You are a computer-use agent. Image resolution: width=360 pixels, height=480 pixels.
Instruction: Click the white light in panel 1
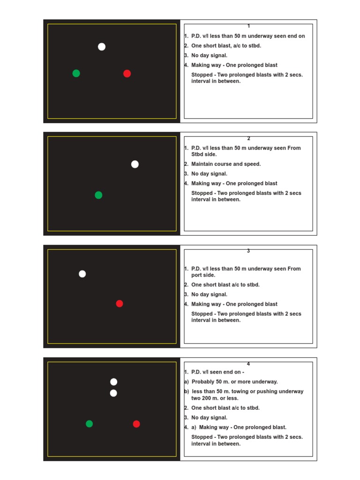tap(102, 46)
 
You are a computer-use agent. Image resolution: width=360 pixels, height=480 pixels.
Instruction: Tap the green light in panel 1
tap(76, 73)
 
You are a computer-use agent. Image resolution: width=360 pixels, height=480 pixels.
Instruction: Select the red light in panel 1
tap(127, 74)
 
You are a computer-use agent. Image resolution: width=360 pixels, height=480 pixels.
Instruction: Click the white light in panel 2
tap(135, 164)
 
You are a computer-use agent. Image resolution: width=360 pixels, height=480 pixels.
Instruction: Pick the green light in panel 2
tap(98, 195)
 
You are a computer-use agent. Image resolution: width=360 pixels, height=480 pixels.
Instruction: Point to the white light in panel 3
tap(82, 274)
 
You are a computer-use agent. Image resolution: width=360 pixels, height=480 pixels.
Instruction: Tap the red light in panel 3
tap(120, 303)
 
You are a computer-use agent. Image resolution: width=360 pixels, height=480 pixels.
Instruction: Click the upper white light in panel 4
tap(114, 382)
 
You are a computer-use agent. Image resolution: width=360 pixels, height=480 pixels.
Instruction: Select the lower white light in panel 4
tap(113, 393)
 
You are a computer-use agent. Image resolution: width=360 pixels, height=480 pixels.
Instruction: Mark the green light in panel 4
tap(90, 424)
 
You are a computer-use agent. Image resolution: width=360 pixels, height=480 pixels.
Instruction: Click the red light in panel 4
tap(136, 424)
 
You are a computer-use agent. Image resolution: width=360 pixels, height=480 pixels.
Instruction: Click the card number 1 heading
tap(248, 26)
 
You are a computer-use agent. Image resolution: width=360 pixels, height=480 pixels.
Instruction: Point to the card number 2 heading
tap(248, 138)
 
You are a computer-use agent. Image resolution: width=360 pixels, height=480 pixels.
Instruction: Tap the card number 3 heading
tap(248, 251)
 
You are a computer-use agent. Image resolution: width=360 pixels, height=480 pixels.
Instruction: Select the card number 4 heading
tap(248, 363)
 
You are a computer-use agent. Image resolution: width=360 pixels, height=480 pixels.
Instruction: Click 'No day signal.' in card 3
tap(209, 294)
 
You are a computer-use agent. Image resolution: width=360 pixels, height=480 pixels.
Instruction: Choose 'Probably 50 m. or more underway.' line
tap(234, 382)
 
